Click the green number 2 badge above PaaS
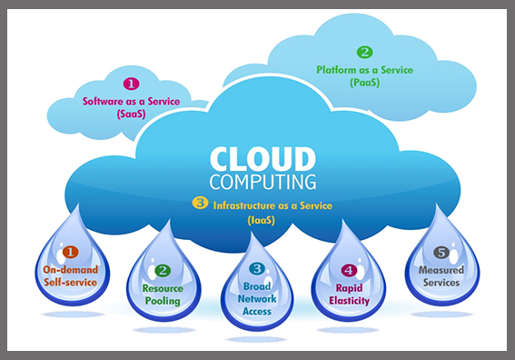click(364, 53)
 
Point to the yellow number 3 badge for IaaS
click(201, 204)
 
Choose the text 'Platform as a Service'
click(363, 69)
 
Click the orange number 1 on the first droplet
click(71, 252)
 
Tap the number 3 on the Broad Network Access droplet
click(257, 269)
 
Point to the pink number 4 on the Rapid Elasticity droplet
click(348, 269)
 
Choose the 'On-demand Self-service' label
click(71, 275)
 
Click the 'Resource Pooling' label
click(163, 294)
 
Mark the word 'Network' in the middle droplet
click(257, 299)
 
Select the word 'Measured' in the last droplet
click(441, 270)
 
